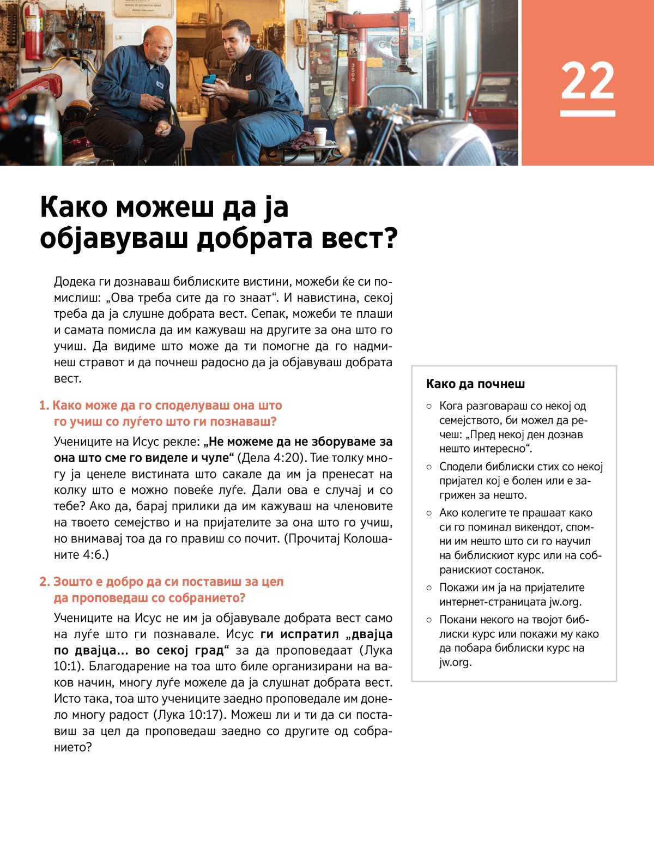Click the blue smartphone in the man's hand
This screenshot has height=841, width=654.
click(x=209, y=79)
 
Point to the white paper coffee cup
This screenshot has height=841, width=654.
click(x=320, y=136)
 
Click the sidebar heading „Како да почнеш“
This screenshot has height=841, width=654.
click(x=475, y=384)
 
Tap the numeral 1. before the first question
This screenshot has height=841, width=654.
click(x=44, y=406)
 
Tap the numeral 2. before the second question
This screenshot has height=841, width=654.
click(x=44, y=582)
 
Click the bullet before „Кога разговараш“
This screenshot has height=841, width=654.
click(x=429, y=406)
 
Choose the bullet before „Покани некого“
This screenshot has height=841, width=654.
click(x=429, y=620)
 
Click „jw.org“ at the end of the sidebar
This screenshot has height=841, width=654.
click(x=456, y=662)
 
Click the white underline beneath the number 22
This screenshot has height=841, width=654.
click(x=588, y=113)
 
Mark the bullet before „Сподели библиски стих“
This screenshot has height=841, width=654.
click(x=429, y=467)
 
